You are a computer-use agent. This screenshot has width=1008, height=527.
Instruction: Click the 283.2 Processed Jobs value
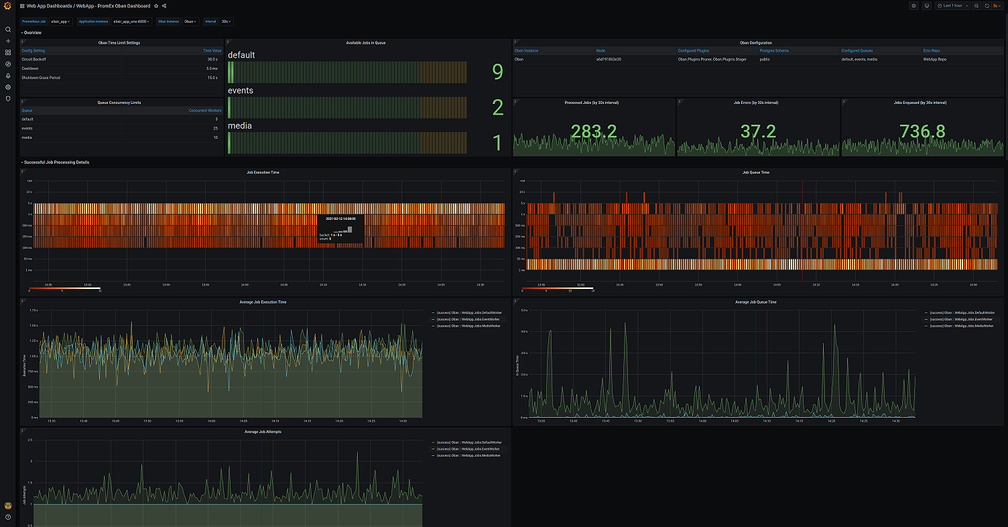pos(594,131)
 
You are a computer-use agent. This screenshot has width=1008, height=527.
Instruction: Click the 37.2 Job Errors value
pos(758,131)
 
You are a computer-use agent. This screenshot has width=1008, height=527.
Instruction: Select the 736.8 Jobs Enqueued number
pos(923,131)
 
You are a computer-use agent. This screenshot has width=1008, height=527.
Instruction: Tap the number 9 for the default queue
pos(497,72)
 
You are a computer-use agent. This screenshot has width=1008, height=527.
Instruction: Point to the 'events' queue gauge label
pos(241,91)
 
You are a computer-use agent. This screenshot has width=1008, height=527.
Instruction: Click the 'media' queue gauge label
pos(240,126)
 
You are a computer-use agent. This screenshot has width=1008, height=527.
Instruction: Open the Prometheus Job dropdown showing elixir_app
pos(60,21)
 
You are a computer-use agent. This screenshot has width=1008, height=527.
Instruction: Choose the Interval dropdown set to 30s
pos(227,21)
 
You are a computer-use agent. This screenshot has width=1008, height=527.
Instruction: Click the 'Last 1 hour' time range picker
pos(951,5)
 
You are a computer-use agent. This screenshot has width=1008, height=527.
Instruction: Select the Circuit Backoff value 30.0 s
pos(212,59)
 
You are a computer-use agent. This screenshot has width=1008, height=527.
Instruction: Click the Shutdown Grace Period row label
pos(41,78)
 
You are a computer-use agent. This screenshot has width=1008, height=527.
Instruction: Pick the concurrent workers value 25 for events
pos(215,128)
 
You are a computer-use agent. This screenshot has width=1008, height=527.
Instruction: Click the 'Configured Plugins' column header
pos(694,50)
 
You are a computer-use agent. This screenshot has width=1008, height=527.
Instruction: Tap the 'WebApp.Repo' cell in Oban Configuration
pos(935,59)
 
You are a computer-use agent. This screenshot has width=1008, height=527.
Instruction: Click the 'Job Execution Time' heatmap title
pos(263,172)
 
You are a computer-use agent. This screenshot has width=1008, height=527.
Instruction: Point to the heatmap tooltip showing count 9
pos(340,229)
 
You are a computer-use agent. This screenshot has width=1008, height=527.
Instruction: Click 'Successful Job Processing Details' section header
pos(56,162)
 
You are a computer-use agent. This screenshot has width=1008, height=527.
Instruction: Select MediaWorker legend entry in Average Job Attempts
pos(468,455)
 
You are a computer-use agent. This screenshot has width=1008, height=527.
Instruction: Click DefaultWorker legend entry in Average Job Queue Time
pos(960,312)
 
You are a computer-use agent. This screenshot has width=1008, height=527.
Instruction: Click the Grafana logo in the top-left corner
pos(7,5)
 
